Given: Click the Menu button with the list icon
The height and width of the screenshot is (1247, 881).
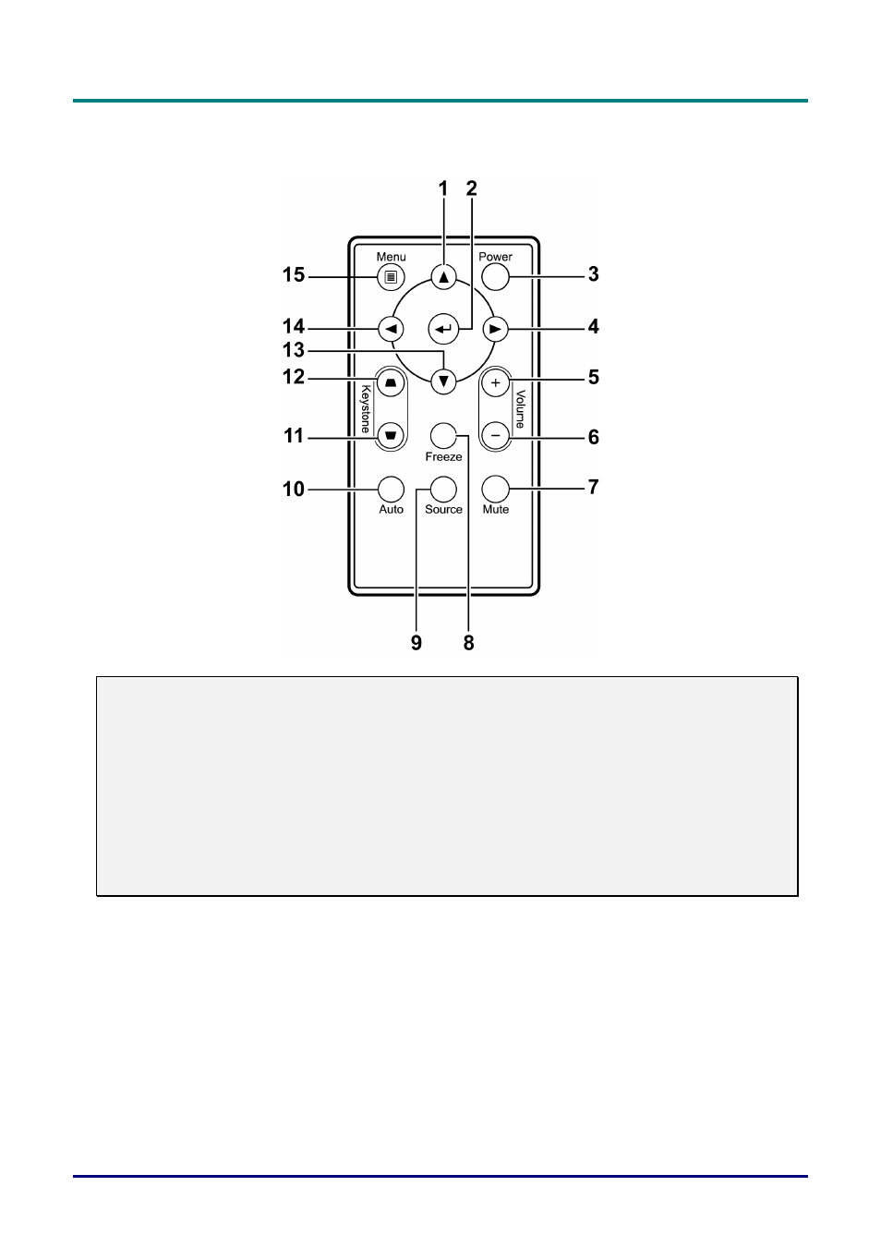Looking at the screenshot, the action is click(391, 277).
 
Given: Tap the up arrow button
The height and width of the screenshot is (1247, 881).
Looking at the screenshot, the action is click(443, 277).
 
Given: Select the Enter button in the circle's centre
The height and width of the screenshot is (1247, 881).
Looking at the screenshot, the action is click(443, 329).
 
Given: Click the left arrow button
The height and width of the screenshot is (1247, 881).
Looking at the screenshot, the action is click(391, 329).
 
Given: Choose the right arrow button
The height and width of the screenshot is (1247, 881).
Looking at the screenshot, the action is click(495, 329).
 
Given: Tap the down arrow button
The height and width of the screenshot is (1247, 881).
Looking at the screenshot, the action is click(443, 381).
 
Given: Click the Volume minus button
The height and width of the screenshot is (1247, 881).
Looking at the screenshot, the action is click(495, 435).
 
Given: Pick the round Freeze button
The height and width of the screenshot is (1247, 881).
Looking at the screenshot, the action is click(443, 435).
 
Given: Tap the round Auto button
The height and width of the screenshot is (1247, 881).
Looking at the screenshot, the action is click(391, 490).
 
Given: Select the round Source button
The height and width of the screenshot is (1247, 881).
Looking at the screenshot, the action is click(443, 490).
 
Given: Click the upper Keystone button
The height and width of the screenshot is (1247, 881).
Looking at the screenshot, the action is click(391, 383).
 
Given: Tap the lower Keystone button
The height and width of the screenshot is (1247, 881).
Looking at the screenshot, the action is click(391, 435).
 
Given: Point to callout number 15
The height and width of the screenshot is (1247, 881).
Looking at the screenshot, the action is click(294, 275).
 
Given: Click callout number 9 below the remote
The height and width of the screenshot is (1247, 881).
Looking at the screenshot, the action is click(416, 643).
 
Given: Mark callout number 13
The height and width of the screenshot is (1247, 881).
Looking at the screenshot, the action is click(294, 350).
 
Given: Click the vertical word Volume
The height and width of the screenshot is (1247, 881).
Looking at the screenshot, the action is click(520, 409).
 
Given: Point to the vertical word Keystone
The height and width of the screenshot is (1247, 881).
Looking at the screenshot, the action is click(366, 409).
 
